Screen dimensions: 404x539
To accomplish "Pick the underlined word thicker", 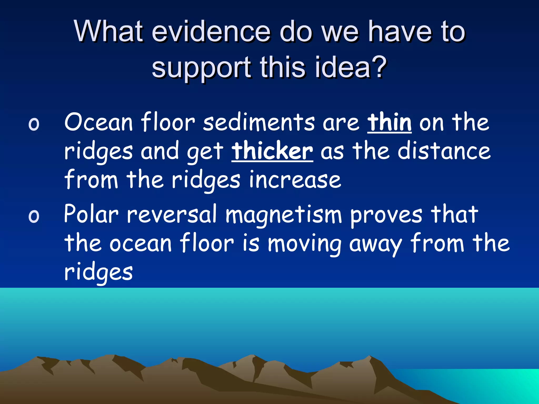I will click(272, 151).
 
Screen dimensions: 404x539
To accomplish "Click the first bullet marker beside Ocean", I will click(34, 124).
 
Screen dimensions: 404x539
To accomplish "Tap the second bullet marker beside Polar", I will click(34, 216).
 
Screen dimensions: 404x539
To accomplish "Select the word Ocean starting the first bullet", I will click(98, 122).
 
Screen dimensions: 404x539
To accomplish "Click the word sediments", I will click(259, 122).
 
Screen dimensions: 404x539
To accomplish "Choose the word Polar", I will click(91, 214).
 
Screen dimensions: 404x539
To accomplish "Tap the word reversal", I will click(172, 214).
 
